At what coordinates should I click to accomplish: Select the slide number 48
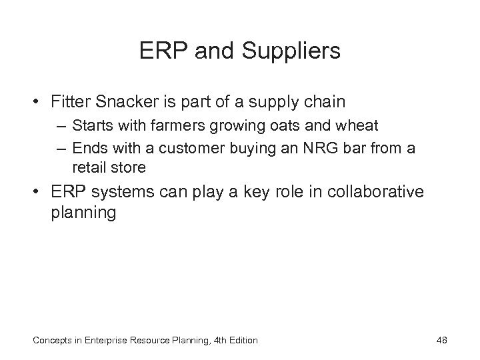tap(441, 340)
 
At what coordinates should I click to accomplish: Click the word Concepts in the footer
tap(53, 340)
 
